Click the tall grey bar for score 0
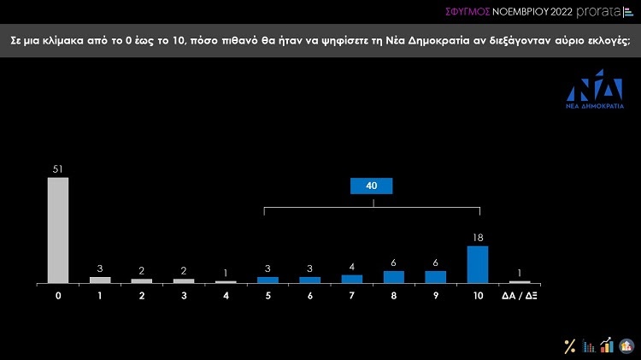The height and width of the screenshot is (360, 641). click(57, 230)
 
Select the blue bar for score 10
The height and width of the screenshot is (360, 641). click(478, 264)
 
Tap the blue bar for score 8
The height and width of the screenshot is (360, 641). click(394, 276)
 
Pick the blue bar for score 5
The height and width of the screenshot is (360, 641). click(268, 280)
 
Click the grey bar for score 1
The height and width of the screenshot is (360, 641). click(100, 280)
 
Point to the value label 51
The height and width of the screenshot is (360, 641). click(57, 170)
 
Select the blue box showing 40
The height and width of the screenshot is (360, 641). click(372, 186)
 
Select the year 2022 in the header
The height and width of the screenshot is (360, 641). click(550, 12)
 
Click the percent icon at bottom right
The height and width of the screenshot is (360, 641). click(569, 345)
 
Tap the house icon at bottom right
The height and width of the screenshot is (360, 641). click(626, 345)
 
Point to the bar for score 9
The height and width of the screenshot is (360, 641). click(436, 276)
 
